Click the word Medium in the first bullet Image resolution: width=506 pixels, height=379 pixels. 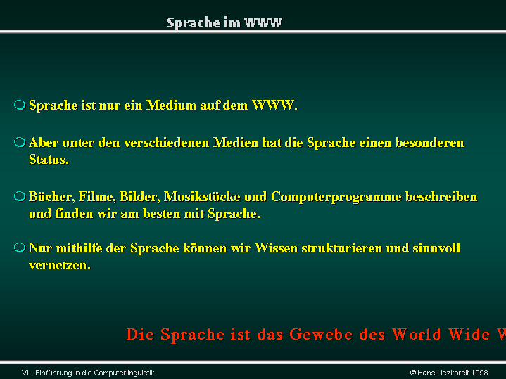pos(171,105)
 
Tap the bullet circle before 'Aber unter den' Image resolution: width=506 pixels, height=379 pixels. pos(20,142)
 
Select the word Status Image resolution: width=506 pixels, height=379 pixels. pos(49,160)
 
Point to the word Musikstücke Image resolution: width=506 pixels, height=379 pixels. pos(202,197)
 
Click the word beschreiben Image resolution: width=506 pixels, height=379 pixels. pos(441,197)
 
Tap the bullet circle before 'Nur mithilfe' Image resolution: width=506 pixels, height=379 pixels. pos(20,248)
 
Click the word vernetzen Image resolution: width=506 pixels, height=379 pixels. pos(60,265)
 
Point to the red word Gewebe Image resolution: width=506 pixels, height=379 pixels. pos(321,334)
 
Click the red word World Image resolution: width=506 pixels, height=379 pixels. pos(417,334)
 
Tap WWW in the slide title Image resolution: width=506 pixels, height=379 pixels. pos(263,23)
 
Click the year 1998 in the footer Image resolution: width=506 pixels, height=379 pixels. pos(479,373)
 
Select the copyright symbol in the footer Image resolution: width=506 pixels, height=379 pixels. pos(412,373)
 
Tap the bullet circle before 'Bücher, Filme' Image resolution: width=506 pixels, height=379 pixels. pos(20,196)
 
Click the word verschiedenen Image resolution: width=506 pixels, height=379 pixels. pos(167,143)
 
